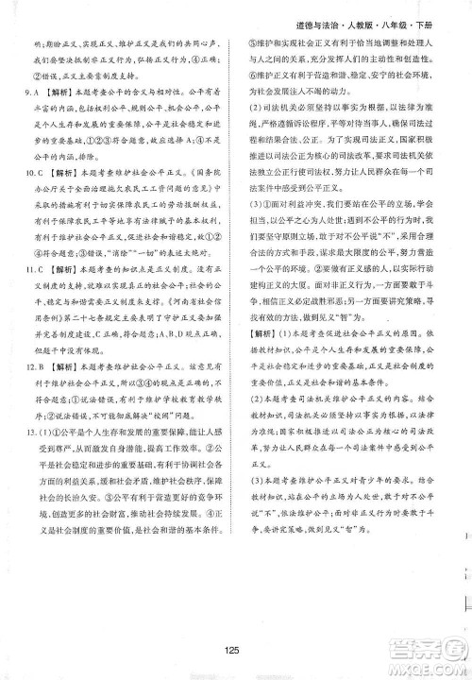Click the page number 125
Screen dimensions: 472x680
(237, 647)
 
